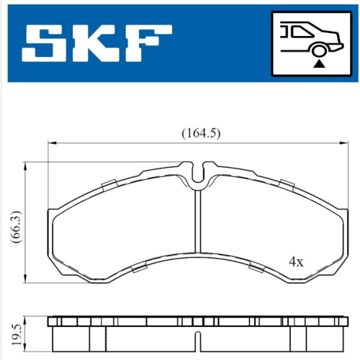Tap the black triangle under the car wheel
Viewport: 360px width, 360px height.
[319, 64]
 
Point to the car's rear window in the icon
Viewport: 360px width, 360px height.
[303, 32]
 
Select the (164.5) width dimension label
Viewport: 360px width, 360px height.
[201, 133]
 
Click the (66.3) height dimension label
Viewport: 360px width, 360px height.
[16, 227]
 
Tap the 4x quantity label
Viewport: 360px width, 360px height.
[296, 262]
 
